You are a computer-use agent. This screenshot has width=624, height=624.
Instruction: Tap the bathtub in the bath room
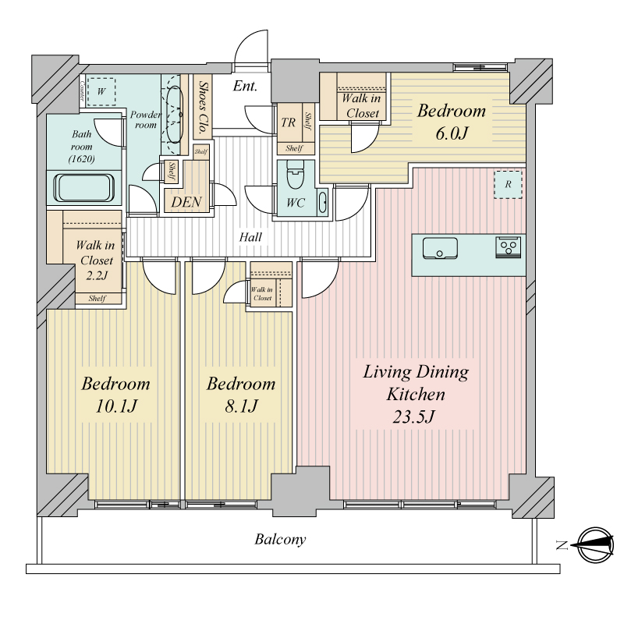[84, 188]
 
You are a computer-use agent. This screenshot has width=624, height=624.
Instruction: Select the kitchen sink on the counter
[440, 248]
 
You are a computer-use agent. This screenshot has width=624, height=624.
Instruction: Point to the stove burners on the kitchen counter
[509, 247]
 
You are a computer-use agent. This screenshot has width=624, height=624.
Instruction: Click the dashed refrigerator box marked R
[508, 185]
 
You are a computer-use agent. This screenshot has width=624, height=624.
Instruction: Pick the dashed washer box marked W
[101, 91]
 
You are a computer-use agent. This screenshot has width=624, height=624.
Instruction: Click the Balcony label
[280, 540]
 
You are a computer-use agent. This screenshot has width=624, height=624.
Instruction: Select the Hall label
[250, 237]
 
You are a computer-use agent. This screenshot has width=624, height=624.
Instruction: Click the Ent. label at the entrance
[245, 86]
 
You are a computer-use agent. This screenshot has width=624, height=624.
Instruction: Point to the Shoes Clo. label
[203, 108]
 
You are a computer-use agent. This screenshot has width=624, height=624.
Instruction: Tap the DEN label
[186, 202]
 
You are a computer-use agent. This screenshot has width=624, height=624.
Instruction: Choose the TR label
[288, 122]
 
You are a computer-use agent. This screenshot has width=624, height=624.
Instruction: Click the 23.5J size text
[414, 417]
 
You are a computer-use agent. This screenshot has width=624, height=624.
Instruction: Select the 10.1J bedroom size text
[115, 406]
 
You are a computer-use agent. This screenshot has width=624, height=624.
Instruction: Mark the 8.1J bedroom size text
[241, 406]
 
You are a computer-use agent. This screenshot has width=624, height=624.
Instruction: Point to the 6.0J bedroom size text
[451, 133]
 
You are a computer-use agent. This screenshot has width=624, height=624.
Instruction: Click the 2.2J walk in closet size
[97, 275]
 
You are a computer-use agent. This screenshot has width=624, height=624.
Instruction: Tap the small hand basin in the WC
[322, 203]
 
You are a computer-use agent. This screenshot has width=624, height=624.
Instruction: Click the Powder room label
[146, 120]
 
